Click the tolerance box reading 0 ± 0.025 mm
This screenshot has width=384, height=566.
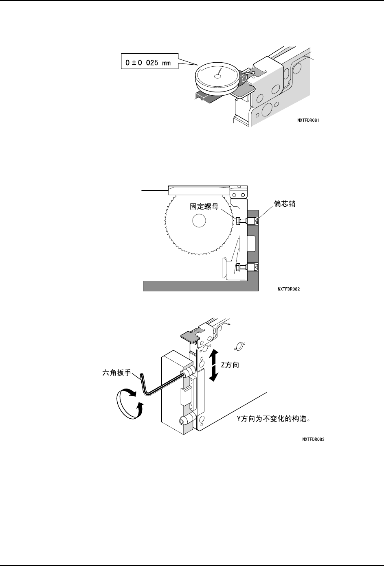pyautogui.click(x=150, y=61)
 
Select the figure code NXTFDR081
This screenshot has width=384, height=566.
pyautogui.click(x=308, y=120)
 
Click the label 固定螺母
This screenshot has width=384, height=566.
pyautogui.click(x=204, y=206)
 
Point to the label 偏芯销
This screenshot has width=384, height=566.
pyautogui.click(x=284, y=204)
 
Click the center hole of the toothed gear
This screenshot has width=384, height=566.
pyautogui.click(x=199, y=221)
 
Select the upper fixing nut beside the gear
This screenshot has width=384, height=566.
pyautogui.click(x=238, y=221)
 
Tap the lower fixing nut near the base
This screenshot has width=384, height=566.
pyautogui.click(x=238, y=267)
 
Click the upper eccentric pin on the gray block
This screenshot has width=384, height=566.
pyautogui.click(x=253, y=221)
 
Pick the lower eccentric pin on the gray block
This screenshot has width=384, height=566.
pyautogui.click(x=253, y=267)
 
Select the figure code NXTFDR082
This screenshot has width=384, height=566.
pyautogui.click(x=289, y=289)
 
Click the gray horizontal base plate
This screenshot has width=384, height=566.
pyautogui.click(x=201, y=286)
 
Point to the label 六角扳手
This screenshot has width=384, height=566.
pyautogui.click(x=117, y=372)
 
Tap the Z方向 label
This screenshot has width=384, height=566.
pyautogui.click(x=230, y=365)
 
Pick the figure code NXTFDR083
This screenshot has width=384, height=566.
pyautogui.click(x=313, y=439)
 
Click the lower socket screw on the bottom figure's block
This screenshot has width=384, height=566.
pyautogui.click(x=182, y=422)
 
